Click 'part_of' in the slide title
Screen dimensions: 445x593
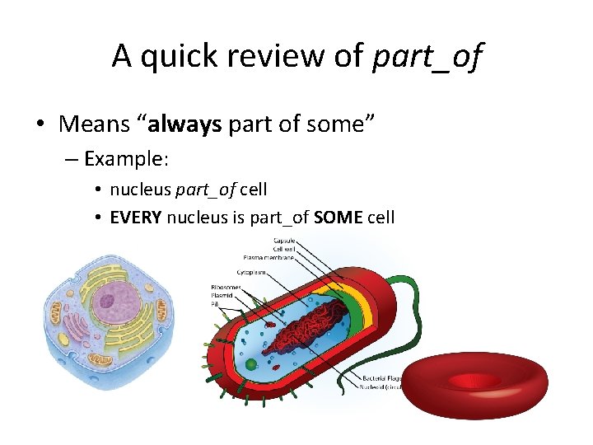pos(427,56)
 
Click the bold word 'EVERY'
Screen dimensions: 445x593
pos(136,218)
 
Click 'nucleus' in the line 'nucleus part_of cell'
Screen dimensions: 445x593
pos(141,190)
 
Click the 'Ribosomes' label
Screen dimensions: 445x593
pos(226,287)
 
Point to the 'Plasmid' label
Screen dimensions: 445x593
pos(222,295)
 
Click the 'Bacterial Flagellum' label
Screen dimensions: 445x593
pos(381,379)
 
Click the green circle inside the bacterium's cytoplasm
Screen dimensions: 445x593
pos(250,363)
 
